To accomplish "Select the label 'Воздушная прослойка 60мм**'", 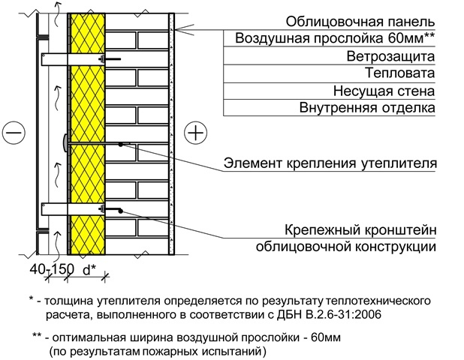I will pyautogui.click(x=335, y=38).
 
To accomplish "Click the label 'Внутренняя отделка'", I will pyautogui.click(x=367, y=109).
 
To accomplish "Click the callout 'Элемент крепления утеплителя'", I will pyautogui.click(x=330, y=162).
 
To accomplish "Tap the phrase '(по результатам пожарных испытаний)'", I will pyautogui.click(x=156, y=349).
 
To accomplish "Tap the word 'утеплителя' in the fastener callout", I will pyautogui.click(x=400, y=162).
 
